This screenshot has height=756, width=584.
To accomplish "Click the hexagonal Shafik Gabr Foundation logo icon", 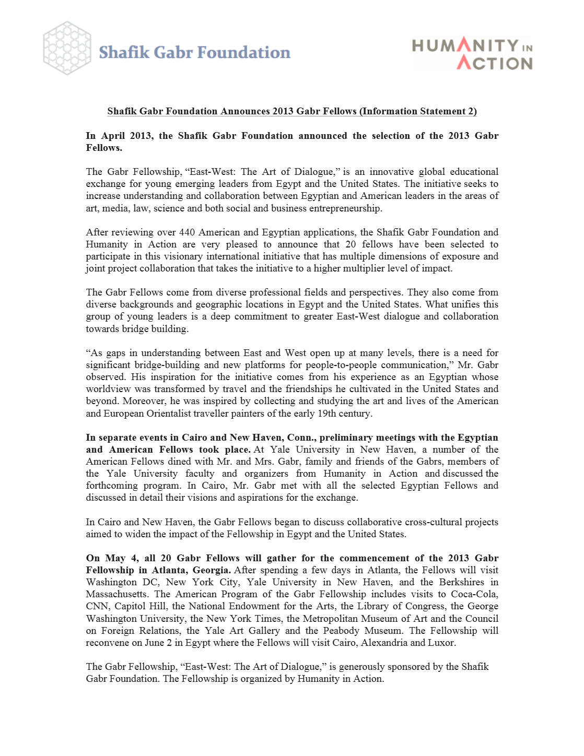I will [67, 48].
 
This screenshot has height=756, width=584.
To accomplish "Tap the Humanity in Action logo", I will [472, 54].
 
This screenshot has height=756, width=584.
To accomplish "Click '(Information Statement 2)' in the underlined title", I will [418, 111].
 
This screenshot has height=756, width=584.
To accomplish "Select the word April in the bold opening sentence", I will [113, 136].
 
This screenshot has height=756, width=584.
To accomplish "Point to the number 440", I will [187, 232].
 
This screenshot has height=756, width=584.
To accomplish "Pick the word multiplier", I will [380, 268].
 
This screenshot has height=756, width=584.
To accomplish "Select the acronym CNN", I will [97, 606].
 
